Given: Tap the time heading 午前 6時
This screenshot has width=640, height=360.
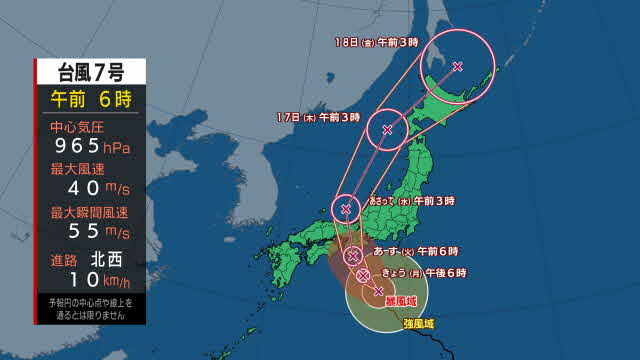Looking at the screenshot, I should [91, 98].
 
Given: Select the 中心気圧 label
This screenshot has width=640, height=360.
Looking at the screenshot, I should [75, 128].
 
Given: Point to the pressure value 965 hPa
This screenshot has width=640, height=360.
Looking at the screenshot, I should [90, 147].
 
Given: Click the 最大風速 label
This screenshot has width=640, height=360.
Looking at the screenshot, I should [75, 171].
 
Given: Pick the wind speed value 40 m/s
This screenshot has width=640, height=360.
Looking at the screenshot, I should [90, 189].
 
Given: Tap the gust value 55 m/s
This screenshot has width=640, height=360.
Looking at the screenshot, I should [90, 232].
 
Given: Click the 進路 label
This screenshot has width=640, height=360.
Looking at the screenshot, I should [64, 257].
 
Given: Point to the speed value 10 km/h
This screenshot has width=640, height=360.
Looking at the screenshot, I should [90, 277].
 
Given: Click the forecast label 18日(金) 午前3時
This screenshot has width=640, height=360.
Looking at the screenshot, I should [376, 44].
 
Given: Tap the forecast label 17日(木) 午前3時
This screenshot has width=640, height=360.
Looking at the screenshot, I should [319, 117].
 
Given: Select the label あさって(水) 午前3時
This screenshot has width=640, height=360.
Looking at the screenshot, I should [410, 202].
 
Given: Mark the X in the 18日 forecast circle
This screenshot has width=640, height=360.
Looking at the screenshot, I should [457, 67].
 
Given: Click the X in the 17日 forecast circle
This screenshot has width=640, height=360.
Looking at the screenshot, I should [387, 129].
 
